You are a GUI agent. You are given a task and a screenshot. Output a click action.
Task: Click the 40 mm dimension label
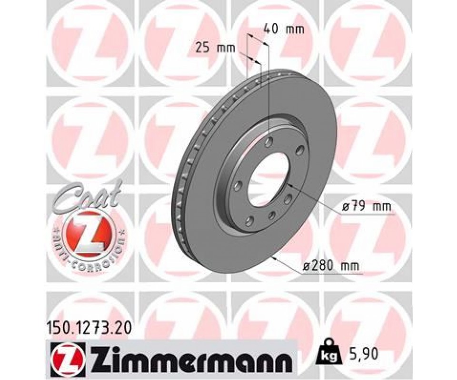click(x=283, y=29)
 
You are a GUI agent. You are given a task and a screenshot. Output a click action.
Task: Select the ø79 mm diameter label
click(x=367, y=207)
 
